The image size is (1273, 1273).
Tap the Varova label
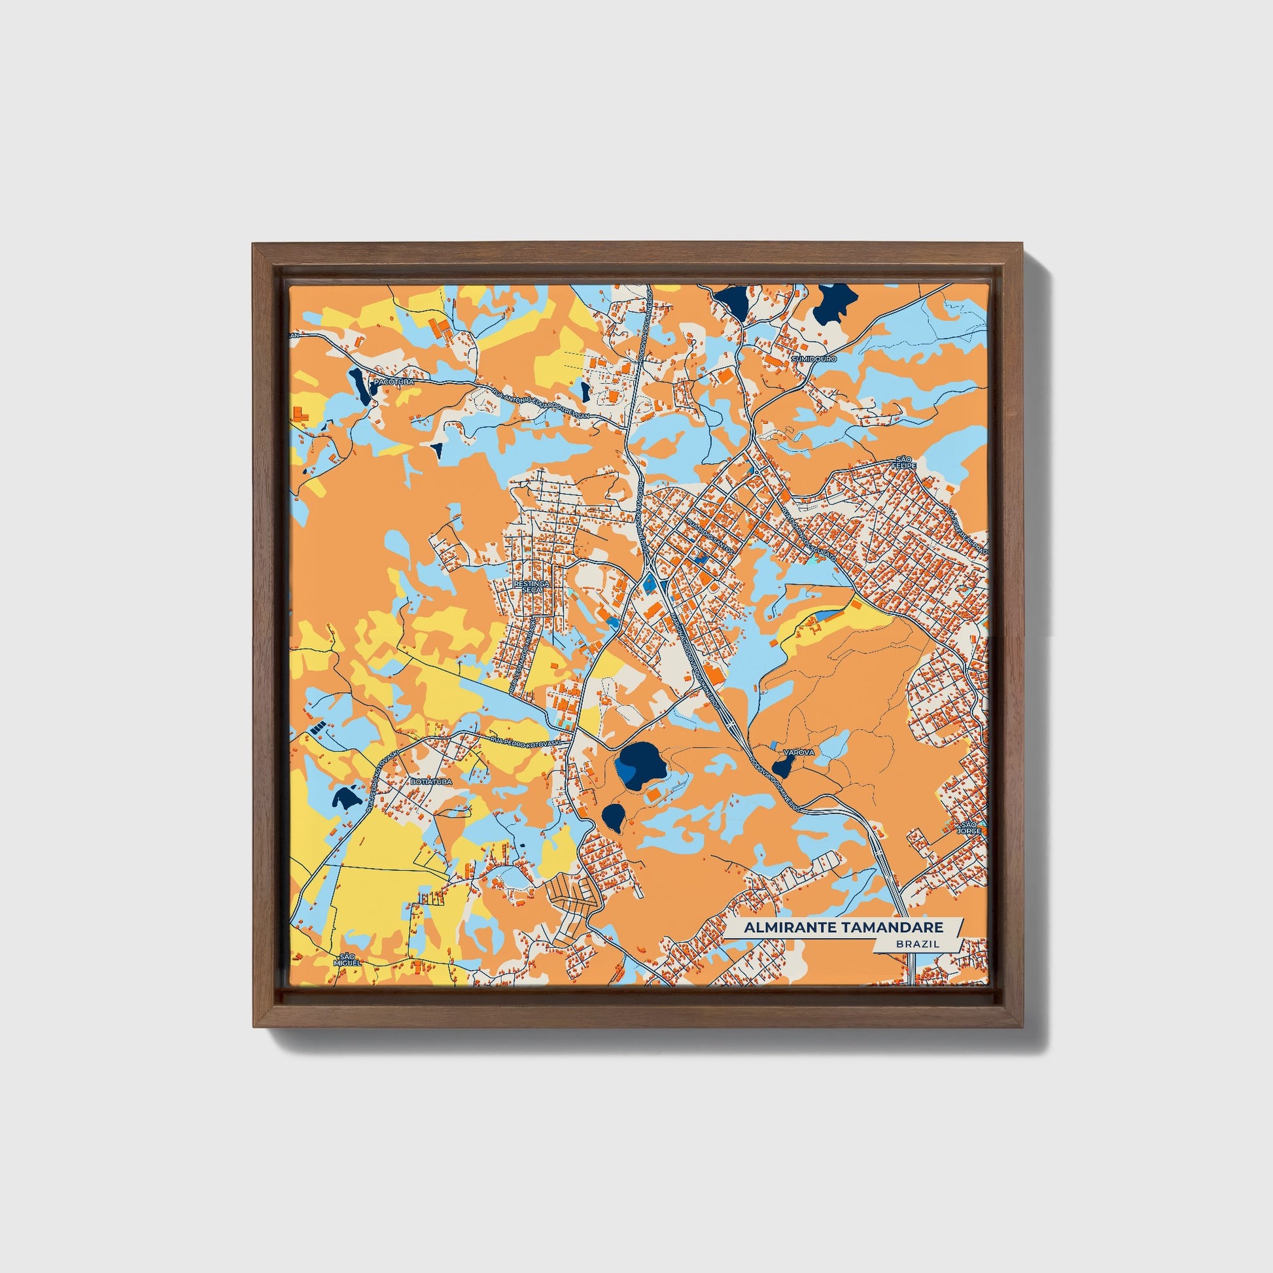point(799,752)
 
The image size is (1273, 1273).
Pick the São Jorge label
point(969,828)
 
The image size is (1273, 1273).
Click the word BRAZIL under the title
point(917,944)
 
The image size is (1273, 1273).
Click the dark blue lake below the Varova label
point(783,766)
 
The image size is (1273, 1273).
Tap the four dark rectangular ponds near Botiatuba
point(317,728)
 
